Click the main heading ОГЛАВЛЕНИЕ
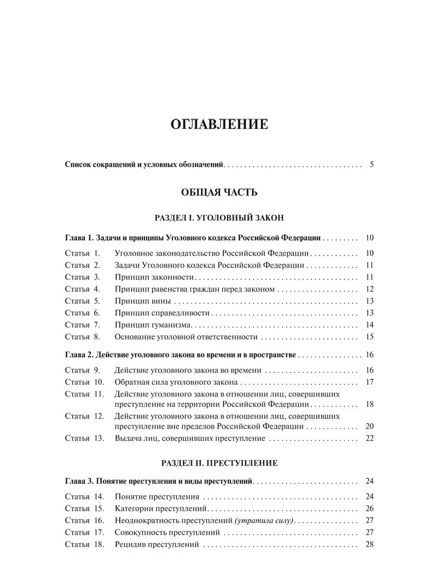pyautogui.click(x=219, y=125)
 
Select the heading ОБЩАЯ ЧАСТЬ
pyautogui.click(x=219, y=192)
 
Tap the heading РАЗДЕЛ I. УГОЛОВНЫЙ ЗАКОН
pyautogui.click(x=219, y=216)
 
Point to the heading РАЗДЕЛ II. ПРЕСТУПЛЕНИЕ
pyautogui.click(x=219, y=462)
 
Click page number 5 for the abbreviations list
pyautogui.click(x=371, y=164)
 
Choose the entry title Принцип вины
pyautogui.click(x=142, y=301)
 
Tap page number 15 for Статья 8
pyautogui.click(x=369, y=336)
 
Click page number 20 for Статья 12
pyautogui.click(x=369, y=426)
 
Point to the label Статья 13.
pyautogui.click(x=84, y=438)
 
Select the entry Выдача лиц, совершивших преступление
pyautogui.click(x=190, y=438)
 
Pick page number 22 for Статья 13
pyautogui.click(x=369, y=438)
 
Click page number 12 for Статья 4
pyautogui.click(x=369, y=289)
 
